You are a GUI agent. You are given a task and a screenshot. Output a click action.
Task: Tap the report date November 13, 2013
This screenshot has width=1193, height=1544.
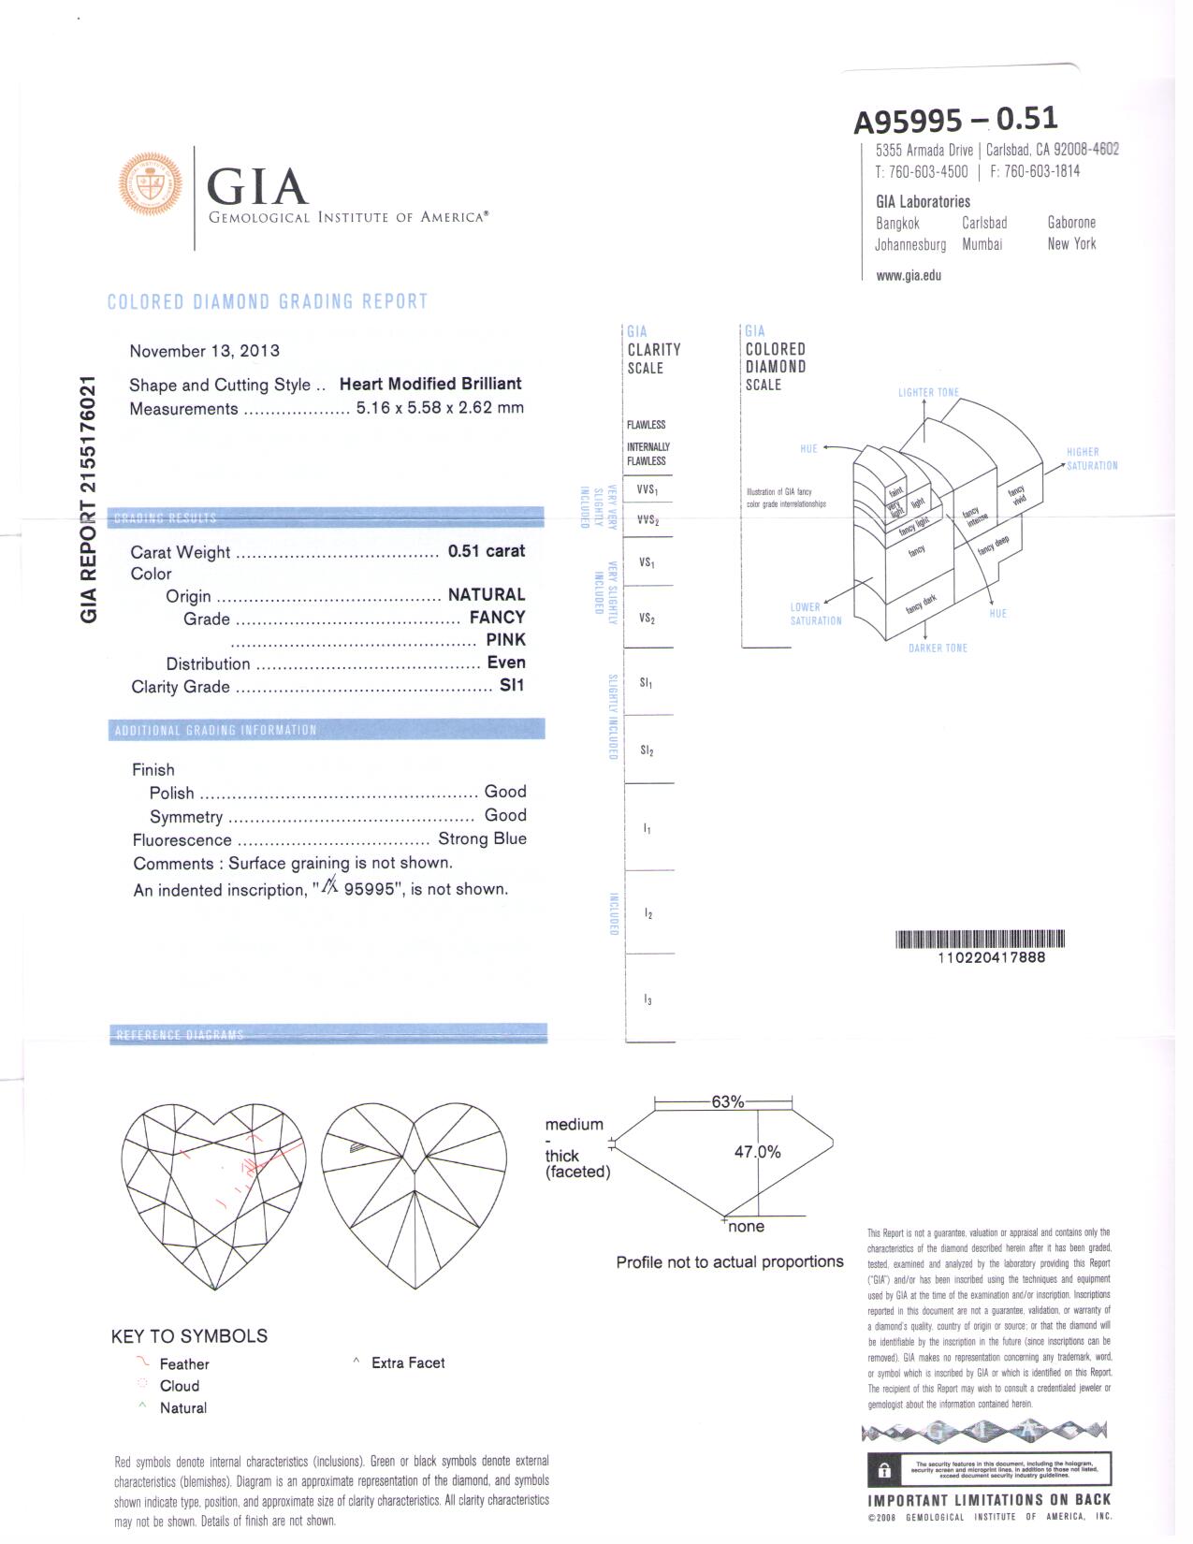pos(204,351)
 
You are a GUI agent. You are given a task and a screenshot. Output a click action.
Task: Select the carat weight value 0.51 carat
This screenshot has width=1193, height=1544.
pos(486,551)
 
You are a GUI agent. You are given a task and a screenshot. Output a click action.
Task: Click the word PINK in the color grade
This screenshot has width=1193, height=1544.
pos(505,640)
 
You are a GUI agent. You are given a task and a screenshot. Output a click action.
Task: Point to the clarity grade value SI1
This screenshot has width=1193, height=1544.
pos(512,685)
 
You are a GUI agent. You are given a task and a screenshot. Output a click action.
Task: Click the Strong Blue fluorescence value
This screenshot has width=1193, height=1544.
pos(482,838)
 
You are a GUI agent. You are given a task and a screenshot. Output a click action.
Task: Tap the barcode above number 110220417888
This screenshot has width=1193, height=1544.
pos(980,940)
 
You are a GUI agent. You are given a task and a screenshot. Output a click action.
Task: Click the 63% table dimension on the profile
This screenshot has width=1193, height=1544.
pos(727,1101)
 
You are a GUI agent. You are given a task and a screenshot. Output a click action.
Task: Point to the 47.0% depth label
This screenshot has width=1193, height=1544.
pos(757,1152)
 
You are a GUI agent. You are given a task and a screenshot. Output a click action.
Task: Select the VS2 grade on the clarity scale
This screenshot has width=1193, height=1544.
pos(647,619)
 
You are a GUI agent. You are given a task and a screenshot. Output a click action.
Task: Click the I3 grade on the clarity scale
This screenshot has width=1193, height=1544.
pos(647,1000)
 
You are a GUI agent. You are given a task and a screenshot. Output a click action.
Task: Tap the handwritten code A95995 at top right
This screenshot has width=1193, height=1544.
pos(907,121)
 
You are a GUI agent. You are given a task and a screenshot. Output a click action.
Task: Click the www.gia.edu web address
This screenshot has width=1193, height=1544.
pos(909,275)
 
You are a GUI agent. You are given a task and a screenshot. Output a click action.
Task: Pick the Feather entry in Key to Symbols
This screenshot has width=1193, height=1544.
pos(183,1364)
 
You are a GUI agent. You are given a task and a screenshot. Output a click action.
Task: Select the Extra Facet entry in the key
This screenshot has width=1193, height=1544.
pos(407,1362)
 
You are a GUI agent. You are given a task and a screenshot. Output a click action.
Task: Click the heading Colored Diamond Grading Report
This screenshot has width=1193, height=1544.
pos(268,301)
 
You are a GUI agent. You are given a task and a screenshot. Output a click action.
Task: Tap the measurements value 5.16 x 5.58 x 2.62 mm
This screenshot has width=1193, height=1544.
pos(440,408)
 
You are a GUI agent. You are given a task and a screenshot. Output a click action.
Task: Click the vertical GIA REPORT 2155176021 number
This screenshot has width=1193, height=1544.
pos(88,499)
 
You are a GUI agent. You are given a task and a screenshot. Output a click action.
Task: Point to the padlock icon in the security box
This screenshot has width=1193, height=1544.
pos(883,1469)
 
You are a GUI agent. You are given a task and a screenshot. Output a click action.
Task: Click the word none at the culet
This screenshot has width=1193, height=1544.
pos(746,1227)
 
